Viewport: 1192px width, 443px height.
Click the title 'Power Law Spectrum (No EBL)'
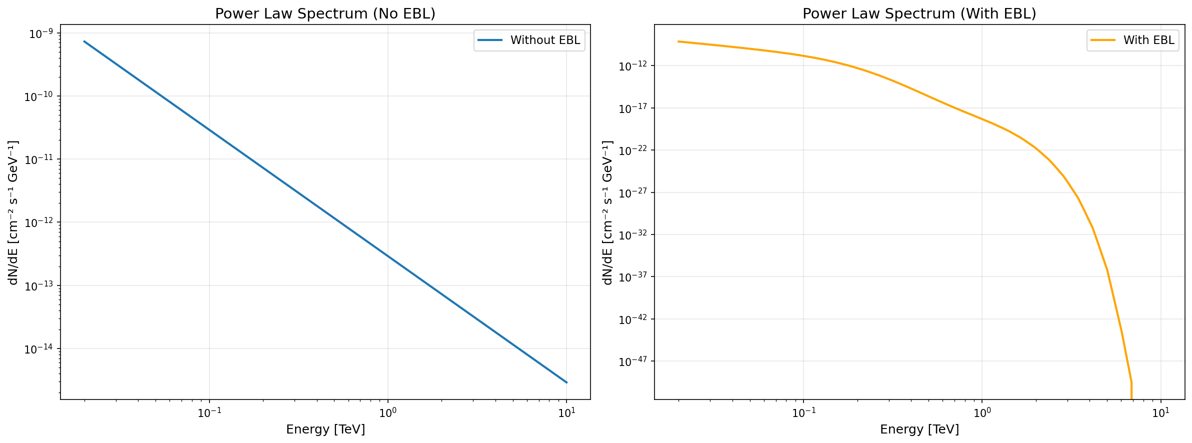[x=325, y=13]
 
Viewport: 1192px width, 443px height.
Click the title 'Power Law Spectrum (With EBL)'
[x=919, y=13]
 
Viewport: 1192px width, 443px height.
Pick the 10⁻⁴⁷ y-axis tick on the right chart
[x=634, y=361]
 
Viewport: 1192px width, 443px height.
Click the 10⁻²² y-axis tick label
[x=634, y=150]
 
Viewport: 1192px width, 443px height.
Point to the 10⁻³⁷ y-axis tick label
[x=634, y=277]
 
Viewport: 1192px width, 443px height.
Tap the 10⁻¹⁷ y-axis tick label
[x=634, y=108]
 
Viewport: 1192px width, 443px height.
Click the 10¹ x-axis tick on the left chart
[x=566, y=413]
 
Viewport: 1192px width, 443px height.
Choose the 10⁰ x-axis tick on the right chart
[x=981, y=413]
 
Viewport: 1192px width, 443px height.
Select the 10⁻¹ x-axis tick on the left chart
[x=209, y=413]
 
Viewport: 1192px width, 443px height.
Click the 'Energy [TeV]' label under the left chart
[x=325, y=429]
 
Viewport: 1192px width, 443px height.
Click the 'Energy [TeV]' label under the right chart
[x=919, y=429]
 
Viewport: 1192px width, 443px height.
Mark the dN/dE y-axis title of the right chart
[x=607, y=212]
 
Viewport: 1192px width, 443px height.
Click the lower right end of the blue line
[x=566, y=382]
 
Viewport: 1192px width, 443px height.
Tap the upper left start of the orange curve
[x=678, y=41]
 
